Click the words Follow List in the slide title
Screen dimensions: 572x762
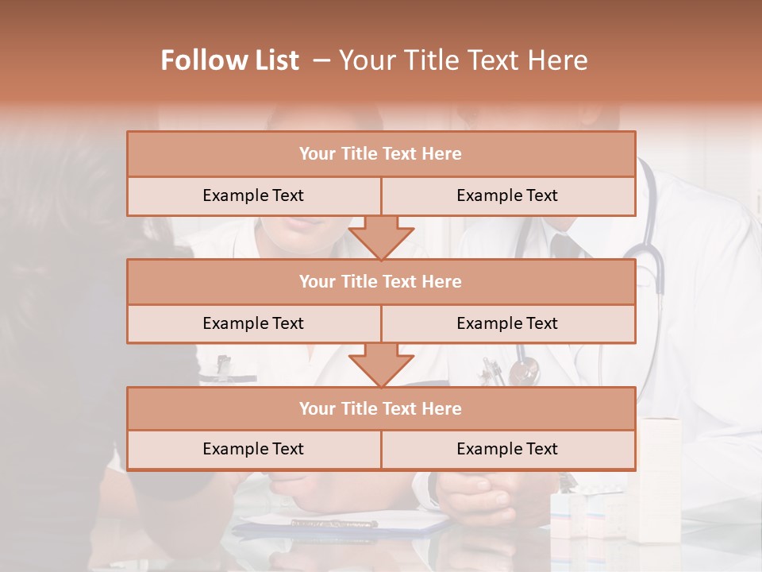(229, 60)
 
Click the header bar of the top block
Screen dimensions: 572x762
(381, 154)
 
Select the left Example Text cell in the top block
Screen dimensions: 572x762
(253, 196)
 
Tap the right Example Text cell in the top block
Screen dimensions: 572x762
(507, 196)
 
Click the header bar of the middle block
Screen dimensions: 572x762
(381, 282)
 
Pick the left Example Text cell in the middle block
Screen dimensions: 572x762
(253, 324)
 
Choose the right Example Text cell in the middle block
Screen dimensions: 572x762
(507, 324)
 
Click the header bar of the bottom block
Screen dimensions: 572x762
(381, 409)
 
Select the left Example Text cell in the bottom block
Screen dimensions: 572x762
(253, 450)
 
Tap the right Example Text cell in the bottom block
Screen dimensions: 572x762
(507, 450)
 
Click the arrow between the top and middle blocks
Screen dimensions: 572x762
(381, 238)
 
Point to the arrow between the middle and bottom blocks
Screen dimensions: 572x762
(381, 365)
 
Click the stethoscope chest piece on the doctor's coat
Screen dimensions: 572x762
(524, 370)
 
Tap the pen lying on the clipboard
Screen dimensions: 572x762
(333, 523)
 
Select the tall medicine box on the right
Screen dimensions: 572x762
(659, 477)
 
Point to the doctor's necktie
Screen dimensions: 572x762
(565, 246)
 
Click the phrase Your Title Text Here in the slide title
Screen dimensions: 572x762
(463, 60)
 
